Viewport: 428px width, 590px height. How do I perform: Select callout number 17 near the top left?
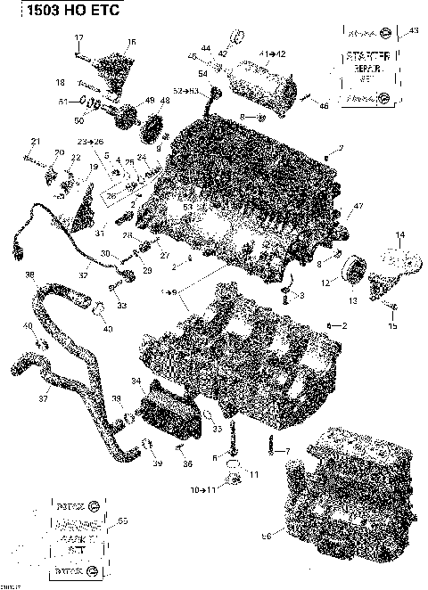[x=78, y=37]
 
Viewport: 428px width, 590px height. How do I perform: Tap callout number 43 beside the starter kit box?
[x=412, y=31]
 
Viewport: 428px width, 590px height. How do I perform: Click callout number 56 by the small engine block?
[x=265, y=536]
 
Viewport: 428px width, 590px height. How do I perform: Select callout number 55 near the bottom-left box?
[x=122, y=520]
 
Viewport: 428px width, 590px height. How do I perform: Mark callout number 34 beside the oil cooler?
[x=136, y=381]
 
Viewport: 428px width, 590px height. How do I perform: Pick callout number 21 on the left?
[x=36, y=142]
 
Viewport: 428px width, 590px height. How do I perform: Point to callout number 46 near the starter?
[x=324, y=106]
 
